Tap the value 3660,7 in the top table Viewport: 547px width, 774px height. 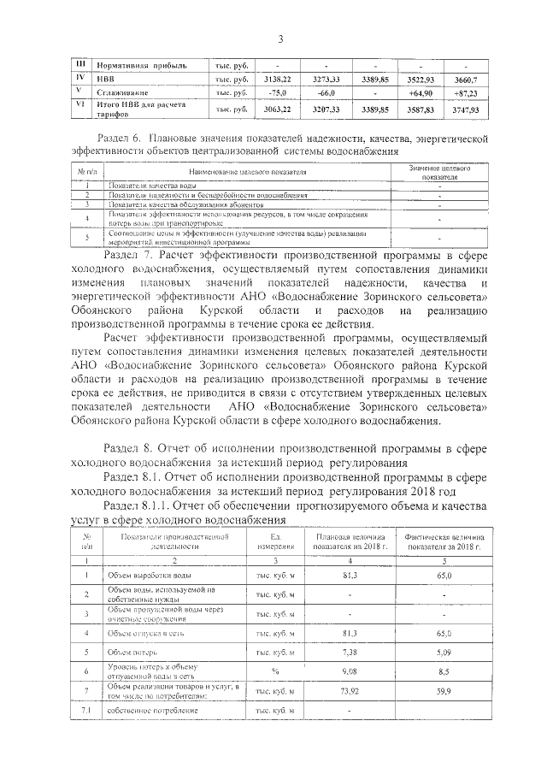tap(466, 79)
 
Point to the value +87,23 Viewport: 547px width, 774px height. tap(466, 92)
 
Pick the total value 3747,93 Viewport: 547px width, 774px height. tap(466, 110)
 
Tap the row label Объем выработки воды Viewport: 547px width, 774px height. tap(142, 577)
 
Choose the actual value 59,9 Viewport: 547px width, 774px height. tap(444, 690)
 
